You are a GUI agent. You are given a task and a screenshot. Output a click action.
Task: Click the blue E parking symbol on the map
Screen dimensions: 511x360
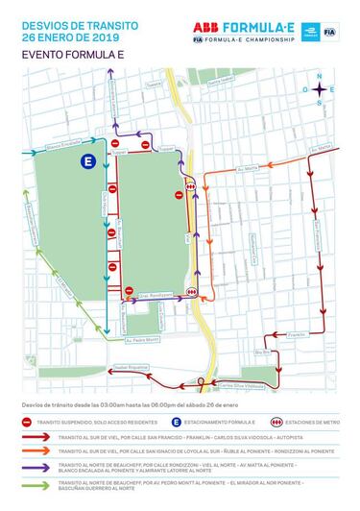point(88,162)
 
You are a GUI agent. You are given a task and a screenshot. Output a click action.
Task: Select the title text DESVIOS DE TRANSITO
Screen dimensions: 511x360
point(65,23)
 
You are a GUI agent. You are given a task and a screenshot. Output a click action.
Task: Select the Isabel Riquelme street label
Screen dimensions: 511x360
point(133,367)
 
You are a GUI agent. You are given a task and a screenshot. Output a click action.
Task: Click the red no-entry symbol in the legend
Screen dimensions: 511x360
point(28,421)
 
